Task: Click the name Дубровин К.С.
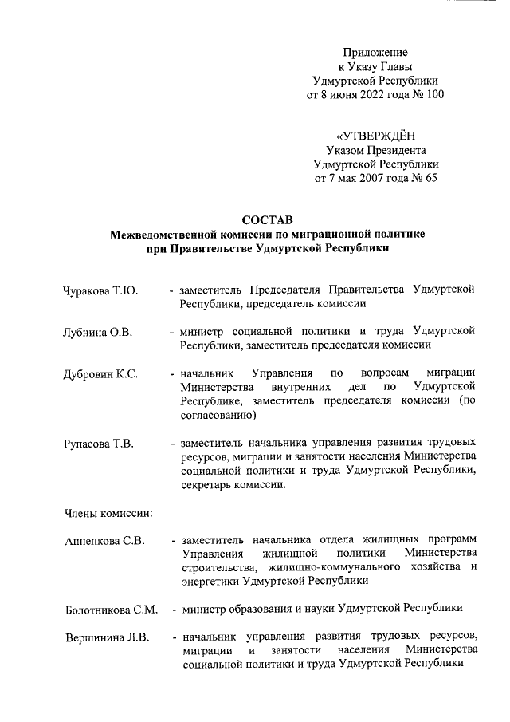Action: point(102,374)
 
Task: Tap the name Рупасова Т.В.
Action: point(99,444)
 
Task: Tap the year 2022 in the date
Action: point(373,95)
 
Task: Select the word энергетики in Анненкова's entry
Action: point(210,582)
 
